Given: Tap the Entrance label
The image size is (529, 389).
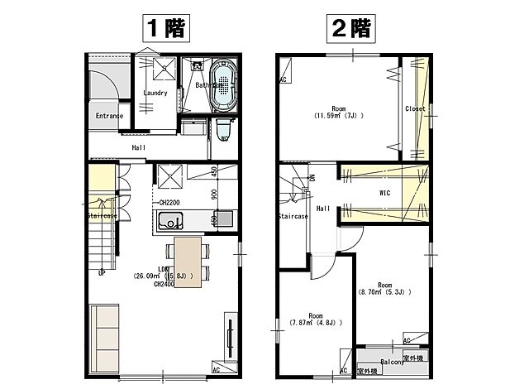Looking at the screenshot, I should [109, 116].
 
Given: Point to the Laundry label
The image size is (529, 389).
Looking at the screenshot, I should [155, 93].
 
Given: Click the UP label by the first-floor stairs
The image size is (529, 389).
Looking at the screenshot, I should [101, 272].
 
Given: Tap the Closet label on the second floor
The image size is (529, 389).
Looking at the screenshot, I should [415, 108].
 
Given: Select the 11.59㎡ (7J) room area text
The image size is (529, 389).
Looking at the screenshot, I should [338, 115].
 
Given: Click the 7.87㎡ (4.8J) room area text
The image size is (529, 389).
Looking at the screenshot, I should [315, 322].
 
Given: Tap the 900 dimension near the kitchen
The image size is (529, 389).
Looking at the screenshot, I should [214, 196].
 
